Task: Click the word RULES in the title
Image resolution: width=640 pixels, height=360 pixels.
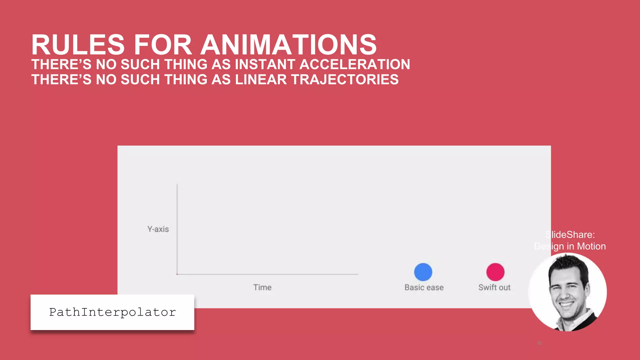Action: pyautogui.click(x=78, y=45)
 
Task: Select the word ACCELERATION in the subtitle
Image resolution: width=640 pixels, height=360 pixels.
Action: pyautogui.click(x=355, y=65)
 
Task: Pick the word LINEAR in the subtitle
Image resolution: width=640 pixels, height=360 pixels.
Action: pyautogui.click(x=261, y=80)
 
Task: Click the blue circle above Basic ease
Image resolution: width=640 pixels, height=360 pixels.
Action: pyautogui.click(x=423, y=272)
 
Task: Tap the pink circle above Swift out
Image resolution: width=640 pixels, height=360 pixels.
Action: pyautogui.click(x=495, y=272)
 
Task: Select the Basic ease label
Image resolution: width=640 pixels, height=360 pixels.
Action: pyautogui.click(x=424, y=287)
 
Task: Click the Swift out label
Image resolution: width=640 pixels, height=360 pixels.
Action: pyautogui.click(x=494, y=287)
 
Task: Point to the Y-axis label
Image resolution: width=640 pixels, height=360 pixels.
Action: pyautogui.click(x=158, y=229)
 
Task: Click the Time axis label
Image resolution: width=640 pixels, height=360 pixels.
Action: pyautogui.click(x=262, y=287)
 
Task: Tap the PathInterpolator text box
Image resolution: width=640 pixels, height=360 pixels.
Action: pyautogui.click(x=112, y=312)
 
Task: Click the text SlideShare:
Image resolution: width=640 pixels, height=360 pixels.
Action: pyautogui.click(x=570, y=235)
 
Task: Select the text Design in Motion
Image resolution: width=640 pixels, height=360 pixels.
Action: pyautogui.click(x=570, y=247)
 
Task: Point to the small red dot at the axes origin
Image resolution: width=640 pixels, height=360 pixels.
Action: pyautogui.click(x=177, y=274)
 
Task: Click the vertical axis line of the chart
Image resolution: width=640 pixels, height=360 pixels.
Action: pyautogui.click(x=177, y=228)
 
